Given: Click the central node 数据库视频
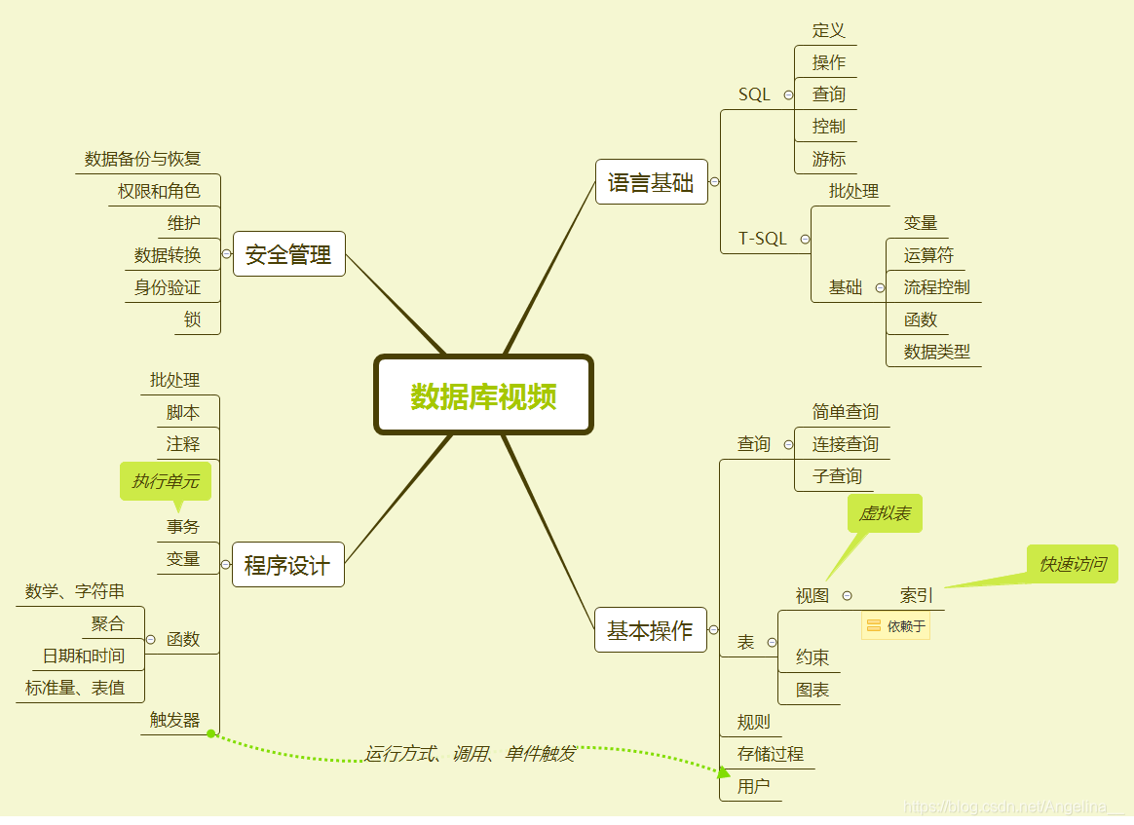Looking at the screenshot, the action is coord(483,395).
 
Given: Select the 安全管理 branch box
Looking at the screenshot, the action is coord(288,254).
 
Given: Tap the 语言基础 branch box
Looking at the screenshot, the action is coord(651,182).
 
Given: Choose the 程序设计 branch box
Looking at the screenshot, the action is coord(287,565).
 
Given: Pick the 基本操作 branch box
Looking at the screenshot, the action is coord(650,630).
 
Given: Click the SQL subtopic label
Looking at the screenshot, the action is coord(754,94).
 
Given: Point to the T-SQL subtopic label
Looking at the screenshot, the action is coord(762,239).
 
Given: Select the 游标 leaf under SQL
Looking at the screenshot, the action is coord(829,159).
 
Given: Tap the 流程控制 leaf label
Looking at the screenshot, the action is coord(936,287).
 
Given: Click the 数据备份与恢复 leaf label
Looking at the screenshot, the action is coord(142,159).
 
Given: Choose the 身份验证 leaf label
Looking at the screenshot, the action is coord(168,287).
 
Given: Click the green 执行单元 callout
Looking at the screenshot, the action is coord(166,481).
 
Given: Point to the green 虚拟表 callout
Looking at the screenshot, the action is coord(885,513).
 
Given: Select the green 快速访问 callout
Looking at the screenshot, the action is coord(1072,564).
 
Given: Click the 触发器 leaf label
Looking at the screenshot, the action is coord(174,720).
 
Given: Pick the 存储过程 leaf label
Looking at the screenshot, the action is coord(771,754).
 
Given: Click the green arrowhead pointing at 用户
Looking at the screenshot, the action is coord(723,772).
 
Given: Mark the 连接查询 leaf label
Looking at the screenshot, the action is coord(845,444).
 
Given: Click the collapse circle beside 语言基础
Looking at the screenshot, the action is coord(714,182).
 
